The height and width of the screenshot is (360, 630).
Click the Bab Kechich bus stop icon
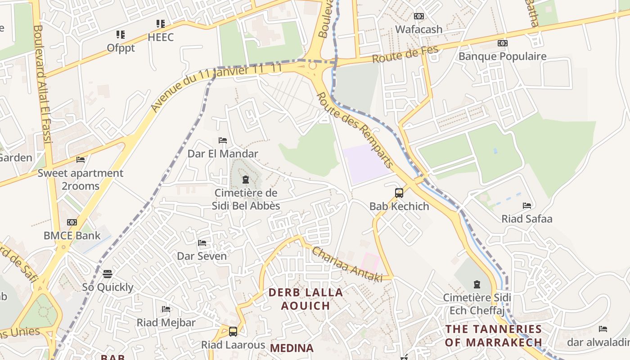pyautogui.click(x=399, y=193)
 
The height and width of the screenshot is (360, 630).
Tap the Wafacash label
pyautogui.click(x=418, y=29)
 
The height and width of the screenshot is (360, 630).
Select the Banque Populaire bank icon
pyautogui.click(x=502, y=43)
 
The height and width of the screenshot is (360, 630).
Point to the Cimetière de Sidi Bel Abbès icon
pyautogui.click(x=245, y=180)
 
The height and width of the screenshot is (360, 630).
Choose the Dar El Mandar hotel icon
pyautogui.click(x=222, y=140)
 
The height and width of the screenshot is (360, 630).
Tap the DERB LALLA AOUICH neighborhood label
pyautogui.click(x=306, y=299)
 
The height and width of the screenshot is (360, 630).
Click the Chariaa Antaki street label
pyautogui.click(x=347, y=265)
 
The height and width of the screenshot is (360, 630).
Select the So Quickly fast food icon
pyautogui.click(x=107, y=274)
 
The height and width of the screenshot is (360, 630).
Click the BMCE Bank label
pyautogui.click(x=72, y=235)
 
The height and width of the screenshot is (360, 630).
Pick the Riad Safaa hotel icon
pyautogui.click(x=527, y=206)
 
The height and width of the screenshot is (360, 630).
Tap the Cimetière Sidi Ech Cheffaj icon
pyautogui.click(x=477, y=284)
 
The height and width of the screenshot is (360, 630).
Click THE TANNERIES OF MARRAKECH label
pyautogui.click(x=493, y=335)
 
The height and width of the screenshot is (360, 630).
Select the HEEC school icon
pyautogui.click(x=161, y=23)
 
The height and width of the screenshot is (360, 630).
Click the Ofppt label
pyautogui.click(x=121, y=48)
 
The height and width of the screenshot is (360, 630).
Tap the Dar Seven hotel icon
pyautogui.click(x=202, y=243)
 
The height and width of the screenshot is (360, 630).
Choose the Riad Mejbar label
pyautogui.click(x=166, y=323)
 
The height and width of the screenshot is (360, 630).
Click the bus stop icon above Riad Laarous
pyautogui.click(x=233, y=331)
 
